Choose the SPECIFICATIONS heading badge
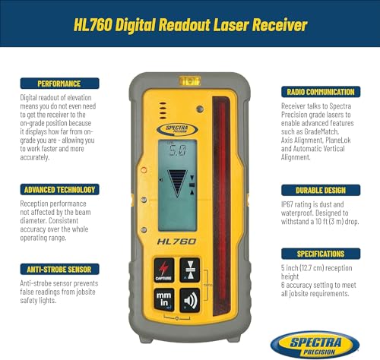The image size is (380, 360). coord(314,253)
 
